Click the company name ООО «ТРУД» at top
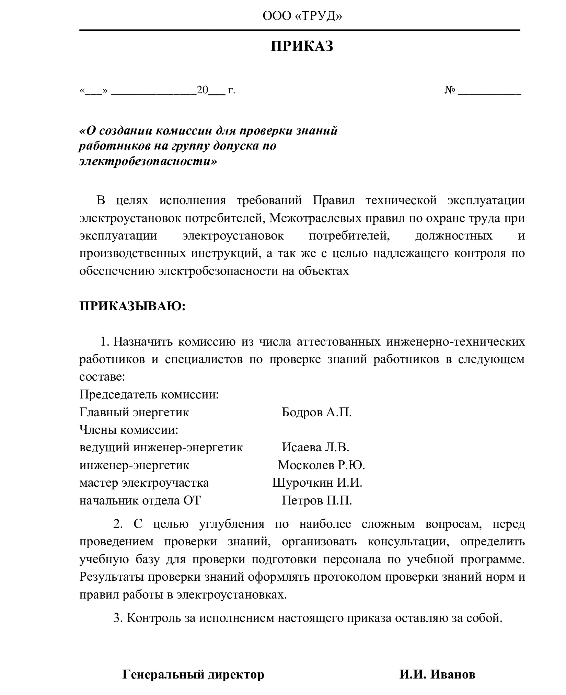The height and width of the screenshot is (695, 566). coord(302,16)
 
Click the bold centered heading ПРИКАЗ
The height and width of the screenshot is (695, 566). coord(302,46)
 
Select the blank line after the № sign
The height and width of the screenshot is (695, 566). coord(490,92)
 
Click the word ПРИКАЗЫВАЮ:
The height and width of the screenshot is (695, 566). coord(132,306)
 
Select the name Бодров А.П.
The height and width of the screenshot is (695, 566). coord(316,412)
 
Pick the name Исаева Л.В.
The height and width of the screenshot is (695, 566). coord(315,447)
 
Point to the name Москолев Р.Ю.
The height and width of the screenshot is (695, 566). coord(321,465)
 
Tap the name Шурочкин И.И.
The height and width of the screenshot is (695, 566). coord(317,483)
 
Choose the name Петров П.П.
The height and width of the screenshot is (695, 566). coord(317,501)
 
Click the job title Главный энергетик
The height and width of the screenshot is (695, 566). coord(134,412)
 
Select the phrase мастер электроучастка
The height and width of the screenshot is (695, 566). coord(144,483)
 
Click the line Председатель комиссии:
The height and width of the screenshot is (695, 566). coord(149,395)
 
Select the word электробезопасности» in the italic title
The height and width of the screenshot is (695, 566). coord(148,161)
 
